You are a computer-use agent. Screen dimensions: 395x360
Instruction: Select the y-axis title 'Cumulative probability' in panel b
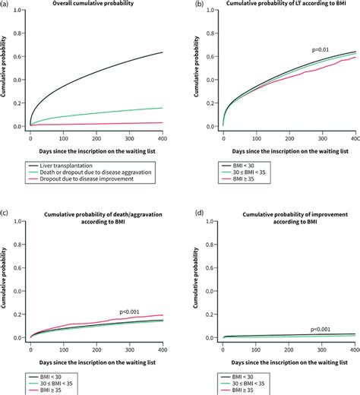point(200,68)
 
